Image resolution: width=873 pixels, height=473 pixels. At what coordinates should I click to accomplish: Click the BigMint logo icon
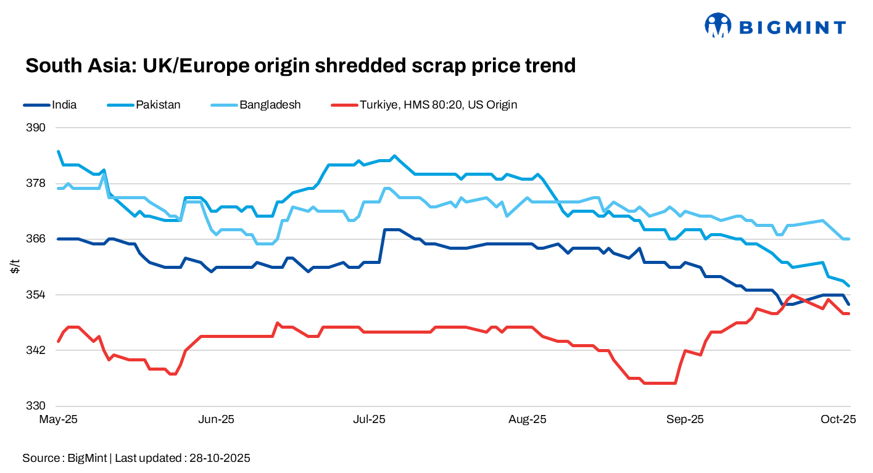click(718, 25)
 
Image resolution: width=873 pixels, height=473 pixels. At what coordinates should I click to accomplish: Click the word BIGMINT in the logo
click(792, 27)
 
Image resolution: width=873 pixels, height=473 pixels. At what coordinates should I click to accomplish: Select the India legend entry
click(64, 105)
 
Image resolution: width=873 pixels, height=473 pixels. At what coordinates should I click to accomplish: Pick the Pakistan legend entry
click(158, 105)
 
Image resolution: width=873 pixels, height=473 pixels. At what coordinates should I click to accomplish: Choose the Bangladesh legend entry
click(270, 105)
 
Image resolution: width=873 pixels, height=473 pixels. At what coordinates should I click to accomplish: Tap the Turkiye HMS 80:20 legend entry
click(438, 105)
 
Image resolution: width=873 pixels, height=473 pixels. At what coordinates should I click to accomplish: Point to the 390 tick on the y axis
click(36, 128)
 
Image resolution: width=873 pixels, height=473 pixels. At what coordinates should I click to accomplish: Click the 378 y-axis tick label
click(36, 183)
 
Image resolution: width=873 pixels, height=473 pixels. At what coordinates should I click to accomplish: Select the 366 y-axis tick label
click(36, 239)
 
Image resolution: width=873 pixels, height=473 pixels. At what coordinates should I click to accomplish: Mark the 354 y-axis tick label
click(36, 295)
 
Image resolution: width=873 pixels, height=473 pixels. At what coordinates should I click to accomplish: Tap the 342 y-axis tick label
click(36, 350)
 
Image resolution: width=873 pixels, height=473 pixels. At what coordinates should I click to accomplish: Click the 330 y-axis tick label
click(36, 406)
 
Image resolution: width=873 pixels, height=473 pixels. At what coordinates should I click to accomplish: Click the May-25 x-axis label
click(58, 419)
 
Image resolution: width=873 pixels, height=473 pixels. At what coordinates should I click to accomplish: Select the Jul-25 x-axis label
click(369, 419)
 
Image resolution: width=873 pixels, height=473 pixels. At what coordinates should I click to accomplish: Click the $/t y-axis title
click(15, 266)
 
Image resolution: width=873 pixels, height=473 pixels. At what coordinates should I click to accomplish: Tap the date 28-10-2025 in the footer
click(220, 458)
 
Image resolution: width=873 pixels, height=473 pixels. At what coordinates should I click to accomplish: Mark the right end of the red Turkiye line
click(850, 314)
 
